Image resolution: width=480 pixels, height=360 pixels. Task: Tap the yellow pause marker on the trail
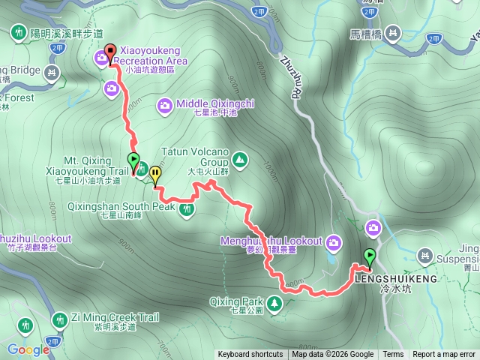tap(155, 174)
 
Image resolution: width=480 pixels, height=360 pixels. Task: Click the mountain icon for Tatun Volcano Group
tap(239, 158)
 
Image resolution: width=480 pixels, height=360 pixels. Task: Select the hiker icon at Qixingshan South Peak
tap(187, 210)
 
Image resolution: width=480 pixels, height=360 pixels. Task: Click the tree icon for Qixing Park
tap(274, 303)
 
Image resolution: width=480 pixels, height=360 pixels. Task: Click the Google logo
tap(28, 349)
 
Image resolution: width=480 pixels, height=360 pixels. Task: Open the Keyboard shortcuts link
tap(250, 355)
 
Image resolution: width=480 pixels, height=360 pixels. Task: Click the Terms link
tap(393, 355)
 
